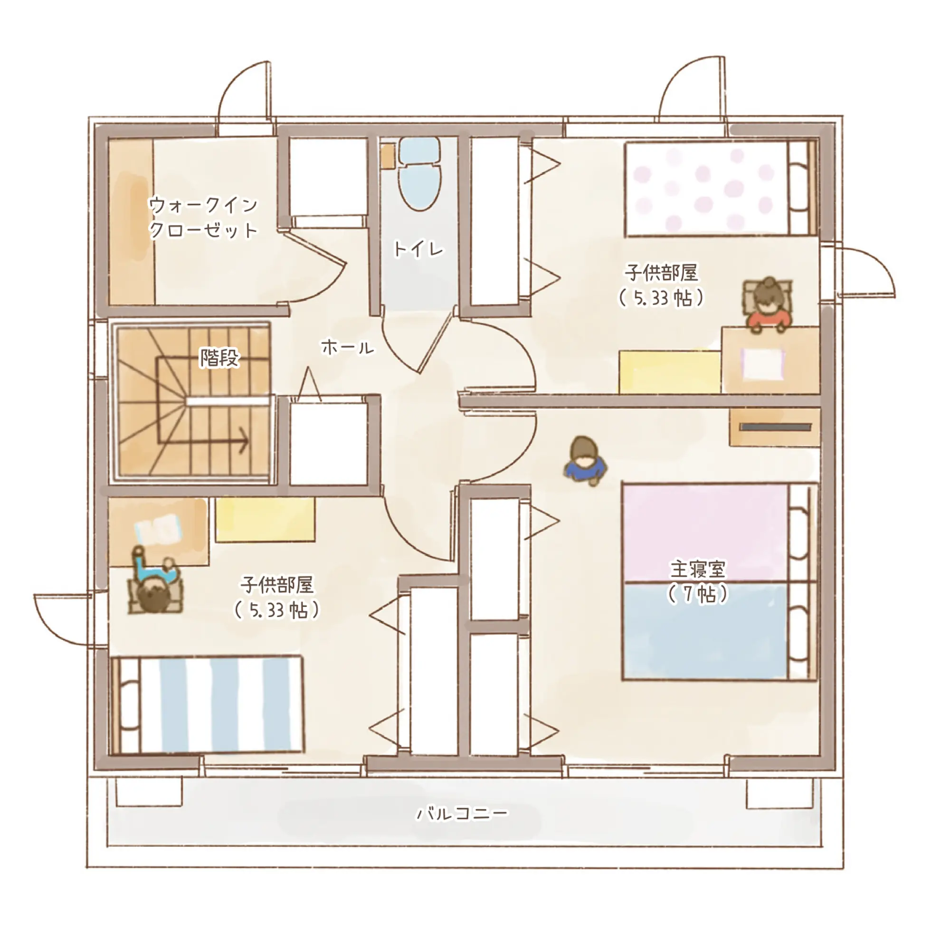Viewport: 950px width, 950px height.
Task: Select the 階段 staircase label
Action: tap(219, 358)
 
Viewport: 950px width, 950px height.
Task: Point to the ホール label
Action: tap(348, 348)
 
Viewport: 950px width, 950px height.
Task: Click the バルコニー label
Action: tap(462, 813)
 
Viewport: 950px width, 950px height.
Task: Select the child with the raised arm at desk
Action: tap(155, 585)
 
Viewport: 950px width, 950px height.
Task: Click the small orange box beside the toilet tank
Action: tap(388, 156)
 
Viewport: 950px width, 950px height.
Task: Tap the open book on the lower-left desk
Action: tap(158, 530)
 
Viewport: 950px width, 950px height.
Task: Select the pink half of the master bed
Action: tap(706, 532)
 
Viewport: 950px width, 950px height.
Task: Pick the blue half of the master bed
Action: tap(706, 631)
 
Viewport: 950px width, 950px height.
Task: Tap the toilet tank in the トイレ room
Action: tap(419, 150)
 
